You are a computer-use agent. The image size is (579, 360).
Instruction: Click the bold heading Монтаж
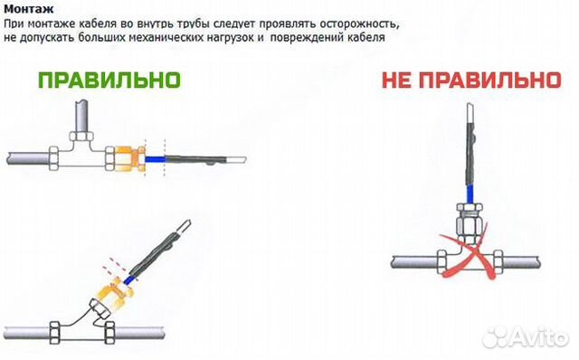(x=28, y=8)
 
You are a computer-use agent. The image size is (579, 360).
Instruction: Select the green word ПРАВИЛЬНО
(x=109, y=81)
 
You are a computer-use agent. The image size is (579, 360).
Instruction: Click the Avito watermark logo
(x=526, y=336)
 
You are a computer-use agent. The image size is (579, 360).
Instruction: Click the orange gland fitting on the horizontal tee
(x=130, y=159)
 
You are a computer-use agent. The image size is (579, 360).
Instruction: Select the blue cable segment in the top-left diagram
(x=155, y=159)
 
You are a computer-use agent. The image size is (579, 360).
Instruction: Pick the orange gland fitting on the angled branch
(x=115, y=291)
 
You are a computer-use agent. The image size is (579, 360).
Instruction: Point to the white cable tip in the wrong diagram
(x=470, y=113)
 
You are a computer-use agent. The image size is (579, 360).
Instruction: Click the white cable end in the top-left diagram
(x=235, y=159)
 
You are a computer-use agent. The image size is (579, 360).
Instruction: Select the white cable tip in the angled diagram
(x=184, y=225)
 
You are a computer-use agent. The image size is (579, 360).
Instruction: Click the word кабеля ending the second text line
(x=366, y=38)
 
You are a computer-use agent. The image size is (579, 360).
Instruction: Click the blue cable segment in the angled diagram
(x=128, y=279)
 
